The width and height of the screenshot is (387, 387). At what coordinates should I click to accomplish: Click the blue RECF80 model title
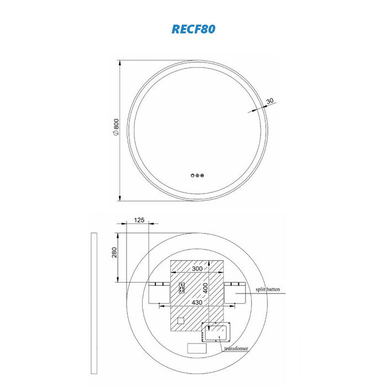tap(193, 29)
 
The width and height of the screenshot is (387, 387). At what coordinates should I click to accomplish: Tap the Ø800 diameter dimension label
tap(116, 127)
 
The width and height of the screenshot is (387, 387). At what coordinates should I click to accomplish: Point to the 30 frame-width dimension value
tap(270, 101)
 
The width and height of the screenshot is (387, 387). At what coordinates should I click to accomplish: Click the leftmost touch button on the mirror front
tap(192, 175)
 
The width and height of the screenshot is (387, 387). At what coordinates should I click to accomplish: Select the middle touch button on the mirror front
tap(197, 175)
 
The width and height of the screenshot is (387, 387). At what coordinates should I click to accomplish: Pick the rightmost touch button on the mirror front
tap(202, 175)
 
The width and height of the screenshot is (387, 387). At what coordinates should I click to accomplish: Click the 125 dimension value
tap(139, 220)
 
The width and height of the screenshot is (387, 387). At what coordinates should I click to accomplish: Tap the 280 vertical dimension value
tap(114, 253)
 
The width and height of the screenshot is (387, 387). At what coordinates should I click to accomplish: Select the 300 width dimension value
tap(197, 269)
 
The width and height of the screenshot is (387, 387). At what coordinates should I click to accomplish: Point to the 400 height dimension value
tap(205, 288)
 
